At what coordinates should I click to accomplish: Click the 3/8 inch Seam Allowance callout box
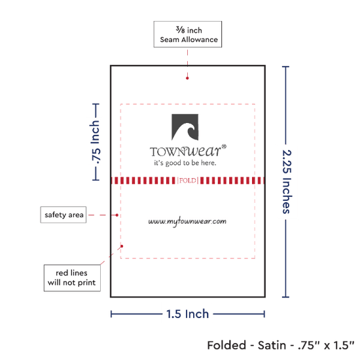tap(188, 34)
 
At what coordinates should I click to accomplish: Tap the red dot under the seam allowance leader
tap(187, 79)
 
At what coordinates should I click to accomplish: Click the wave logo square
tap(185, 127)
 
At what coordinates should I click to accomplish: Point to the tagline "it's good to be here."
tap(185, 163)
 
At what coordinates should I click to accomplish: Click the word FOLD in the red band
tap(188, 181)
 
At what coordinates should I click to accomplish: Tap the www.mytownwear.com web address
tap(187, 221)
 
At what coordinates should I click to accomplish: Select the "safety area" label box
tap(63, 215)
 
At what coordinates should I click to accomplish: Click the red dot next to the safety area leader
tap(117, 215)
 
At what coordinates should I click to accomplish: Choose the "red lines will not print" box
tap(72, 278)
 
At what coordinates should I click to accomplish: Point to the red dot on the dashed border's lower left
tap(122, 246)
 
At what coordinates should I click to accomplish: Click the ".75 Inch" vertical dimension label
tap(96, 142)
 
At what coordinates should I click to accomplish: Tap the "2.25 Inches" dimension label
tap(287, 181)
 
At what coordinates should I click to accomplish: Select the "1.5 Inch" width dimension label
tap(187, 314)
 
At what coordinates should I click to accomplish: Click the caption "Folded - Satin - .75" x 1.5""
tap(281, 345)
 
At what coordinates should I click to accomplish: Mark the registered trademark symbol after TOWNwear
tap(224, 147)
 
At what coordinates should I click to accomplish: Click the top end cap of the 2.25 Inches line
tap(285, 67)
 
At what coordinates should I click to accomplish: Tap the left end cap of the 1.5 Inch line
tap(111, 314)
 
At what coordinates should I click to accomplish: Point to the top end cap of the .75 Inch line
tap(96, 104)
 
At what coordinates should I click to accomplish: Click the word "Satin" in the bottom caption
tap(272, 345)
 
